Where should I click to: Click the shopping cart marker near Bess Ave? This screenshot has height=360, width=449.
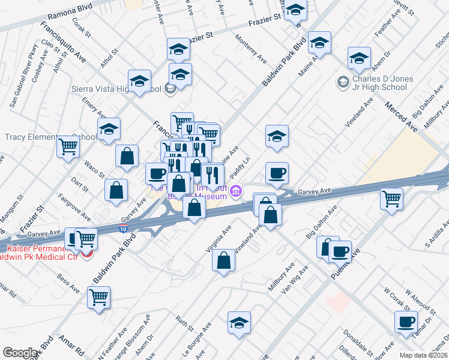[98, 296]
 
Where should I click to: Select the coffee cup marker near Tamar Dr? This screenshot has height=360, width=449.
[406, 321]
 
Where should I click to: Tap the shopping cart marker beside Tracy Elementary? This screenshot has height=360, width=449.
[68, 146]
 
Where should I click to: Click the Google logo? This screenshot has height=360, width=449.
[20, 353]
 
